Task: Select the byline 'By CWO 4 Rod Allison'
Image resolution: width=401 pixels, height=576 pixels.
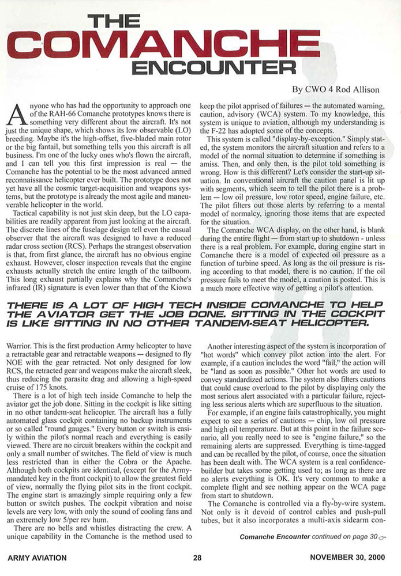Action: pos(337,89)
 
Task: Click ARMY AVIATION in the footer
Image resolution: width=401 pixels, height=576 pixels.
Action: pos(38,558)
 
